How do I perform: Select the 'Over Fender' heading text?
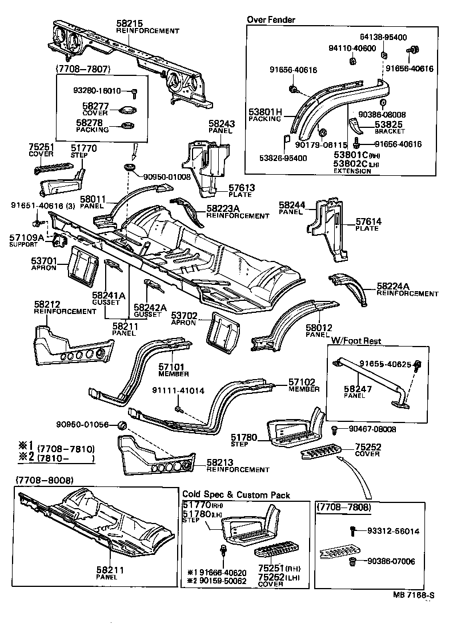click(271, 19)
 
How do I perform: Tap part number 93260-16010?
click(97, 90)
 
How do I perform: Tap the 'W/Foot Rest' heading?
click(356, 341)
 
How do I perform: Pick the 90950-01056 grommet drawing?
click(121, 425)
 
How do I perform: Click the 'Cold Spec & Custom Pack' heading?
click(236, 494)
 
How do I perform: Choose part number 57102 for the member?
click(302, 382)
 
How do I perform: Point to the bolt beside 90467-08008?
click(335, 429)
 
